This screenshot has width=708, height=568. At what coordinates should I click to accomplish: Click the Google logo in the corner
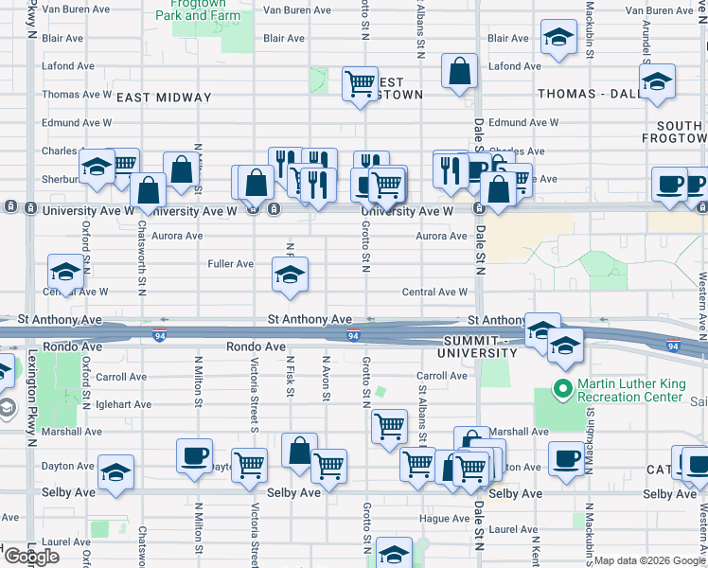[x=32, y=557]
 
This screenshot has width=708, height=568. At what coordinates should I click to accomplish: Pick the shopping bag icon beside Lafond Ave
[x=460, y=72]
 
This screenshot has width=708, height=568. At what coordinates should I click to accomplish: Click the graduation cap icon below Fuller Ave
[x=290, y=275]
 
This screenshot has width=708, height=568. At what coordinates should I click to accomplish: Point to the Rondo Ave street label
[x=256, y=347]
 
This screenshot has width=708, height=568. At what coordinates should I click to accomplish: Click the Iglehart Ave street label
[x=123, y=404]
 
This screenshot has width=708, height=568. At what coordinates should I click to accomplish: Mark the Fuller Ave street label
[x=231, y=264]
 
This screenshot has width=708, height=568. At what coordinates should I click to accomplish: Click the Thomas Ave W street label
[x=77, y=95]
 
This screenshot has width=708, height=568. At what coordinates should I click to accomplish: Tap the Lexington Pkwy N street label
[x=31, y=398]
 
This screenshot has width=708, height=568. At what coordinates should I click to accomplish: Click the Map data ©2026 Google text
[x=649, y=560]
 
